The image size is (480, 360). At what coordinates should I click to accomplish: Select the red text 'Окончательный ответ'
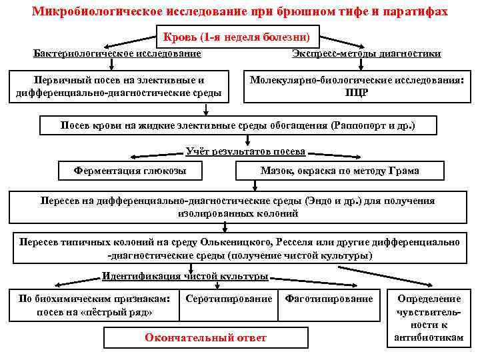(205, 338)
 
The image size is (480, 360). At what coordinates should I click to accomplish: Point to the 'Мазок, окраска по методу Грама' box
(339, 171)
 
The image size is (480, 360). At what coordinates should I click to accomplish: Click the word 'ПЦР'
(355, 93)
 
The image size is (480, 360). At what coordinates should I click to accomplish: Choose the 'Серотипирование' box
(229, 299)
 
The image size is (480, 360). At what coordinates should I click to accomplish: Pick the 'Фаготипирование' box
(329, 299)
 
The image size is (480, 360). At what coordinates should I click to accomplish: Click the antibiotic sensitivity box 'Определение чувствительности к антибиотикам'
(429, 319)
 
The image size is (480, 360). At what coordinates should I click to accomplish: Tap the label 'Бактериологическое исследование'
(117, 53)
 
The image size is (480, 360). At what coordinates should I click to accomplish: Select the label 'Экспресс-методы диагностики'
(366, 53)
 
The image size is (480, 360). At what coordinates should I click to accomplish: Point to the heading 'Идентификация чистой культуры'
(185, 276)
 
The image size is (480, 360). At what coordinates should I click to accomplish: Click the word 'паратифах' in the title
(417, 12)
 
